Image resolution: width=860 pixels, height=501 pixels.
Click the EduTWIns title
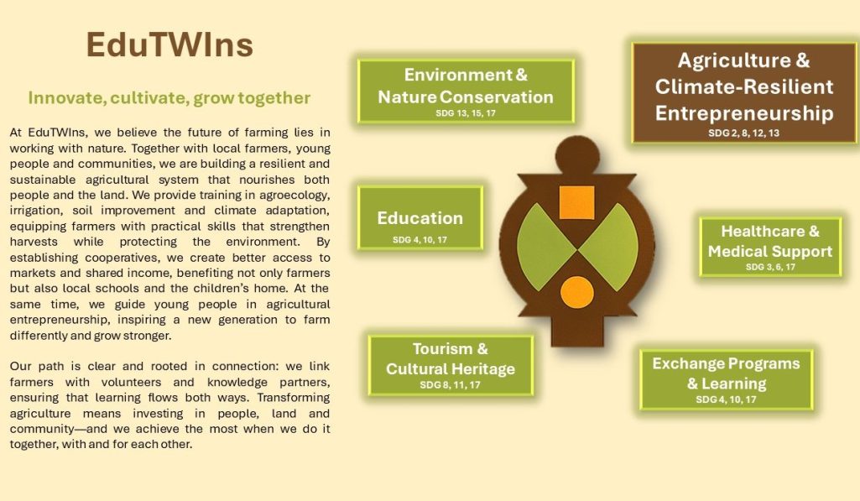[x=169, y=45]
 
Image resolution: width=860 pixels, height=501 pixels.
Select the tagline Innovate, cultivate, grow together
[x=169, y=97]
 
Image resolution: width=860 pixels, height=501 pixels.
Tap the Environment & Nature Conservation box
[x=466, y=91]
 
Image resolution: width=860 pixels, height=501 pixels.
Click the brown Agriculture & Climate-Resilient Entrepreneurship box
[x=743, y=93]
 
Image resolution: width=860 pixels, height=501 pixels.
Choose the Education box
[x=420, y=218]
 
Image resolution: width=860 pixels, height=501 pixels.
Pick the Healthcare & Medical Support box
[x=770, y=247]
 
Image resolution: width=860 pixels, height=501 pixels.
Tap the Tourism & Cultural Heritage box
[x=451, y=365]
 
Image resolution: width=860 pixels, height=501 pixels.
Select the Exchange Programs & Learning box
[x=726, y=379]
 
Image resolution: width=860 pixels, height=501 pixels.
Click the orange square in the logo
[x=576, y=202]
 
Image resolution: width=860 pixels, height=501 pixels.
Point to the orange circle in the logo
[x=577, y=292]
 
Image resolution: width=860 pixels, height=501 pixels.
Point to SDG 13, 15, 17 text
[x=466, y=113]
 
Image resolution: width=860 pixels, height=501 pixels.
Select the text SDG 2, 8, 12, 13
[x=743, y=133]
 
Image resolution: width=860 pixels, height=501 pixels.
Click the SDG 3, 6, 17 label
[x=770, y=267]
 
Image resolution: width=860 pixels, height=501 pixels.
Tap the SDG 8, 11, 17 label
[x=451, y=384]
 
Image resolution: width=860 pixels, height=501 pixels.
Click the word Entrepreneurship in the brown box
[x=744, y=113]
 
